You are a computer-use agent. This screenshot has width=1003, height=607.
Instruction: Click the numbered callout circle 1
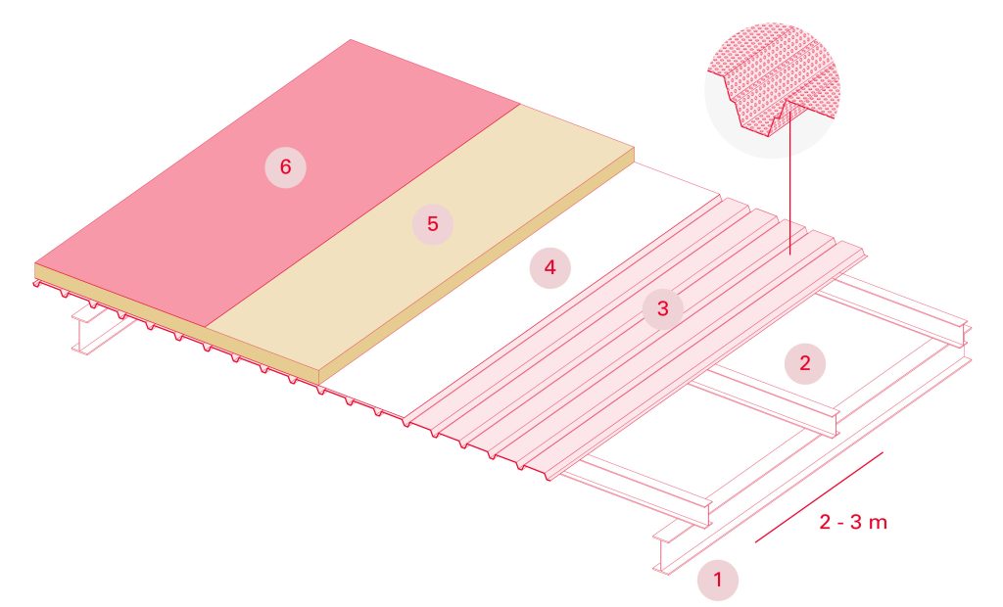(718, 579)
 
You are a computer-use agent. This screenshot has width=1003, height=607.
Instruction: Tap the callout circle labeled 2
(805, 363)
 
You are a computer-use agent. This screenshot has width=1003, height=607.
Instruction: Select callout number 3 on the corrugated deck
(662, 309)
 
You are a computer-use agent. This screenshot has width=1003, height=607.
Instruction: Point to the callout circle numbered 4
(550, 267)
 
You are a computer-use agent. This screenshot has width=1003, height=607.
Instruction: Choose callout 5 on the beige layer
(433, 224)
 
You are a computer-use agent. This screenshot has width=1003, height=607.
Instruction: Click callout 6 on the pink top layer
(285, 167)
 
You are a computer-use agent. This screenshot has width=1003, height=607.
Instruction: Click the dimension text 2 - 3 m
(852, 522)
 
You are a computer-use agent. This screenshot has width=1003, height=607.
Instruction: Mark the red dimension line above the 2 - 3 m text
(819, 496)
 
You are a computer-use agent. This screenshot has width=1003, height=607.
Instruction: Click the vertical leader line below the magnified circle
(789, 196)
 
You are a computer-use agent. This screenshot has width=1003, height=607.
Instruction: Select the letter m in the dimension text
(878, 523)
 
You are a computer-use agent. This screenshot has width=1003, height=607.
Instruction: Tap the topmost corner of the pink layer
(350, 40)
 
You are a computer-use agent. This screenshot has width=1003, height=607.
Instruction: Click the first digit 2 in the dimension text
(825, 522)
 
